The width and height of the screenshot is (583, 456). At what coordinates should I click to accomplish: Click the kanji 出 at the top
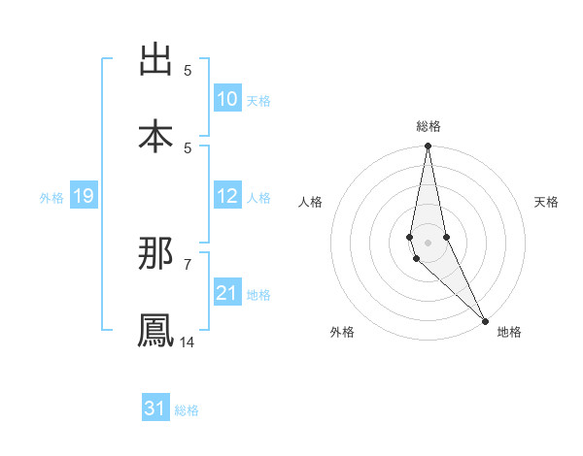coord(155,60)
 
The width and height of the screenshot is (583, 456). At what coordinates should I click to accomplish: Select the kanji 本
coord(155,136)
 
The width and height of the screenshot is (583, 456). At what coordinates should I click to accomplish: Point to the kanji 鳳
coord(155,330)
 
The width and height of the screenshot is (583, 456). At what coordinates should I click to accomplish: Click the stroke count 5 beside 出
coord(188,71)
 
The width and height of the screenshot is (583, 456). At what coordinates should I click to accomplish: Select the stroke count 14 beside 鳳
coord(188,342)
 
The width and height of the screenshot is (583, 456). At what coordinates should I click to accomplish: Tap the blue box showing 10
coord(227,99)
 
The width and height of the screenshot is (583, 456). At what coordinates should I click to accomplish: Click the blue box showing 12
coord(227,196)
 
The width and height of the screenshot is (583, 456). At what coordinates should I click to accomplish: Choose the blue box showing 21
coord(227,293)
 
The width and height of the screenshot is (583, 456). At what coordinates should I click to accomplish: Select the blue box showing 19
coord(83,196)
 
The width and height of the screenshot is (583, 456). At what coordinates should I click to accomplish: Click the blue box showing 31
coord(155,408)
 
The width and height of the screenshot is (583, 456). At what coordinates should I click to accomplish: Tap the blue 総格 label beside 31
coord(187,410)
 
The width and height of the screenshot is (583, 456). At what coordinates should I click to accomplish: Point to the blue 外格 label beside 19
coord(51,198)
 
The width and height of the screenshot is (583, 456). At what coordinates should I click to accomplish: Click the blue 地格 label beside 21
coord(258,295)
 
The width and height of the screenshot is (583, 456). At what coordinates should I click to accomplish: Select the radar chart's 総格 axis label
coord(429,126)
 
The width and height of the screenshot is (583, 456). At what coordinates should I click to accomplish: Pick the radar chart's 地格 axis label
coord(509,332)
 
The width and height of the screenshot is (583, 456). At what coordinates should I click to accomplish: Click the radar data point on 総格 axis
coord(428,147)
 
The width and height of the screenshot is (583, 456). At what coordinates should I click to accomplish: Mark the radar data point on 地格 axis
coord(486,320)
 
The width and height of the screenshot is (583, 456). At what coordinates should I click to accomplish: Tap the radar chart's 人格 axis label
coord(311,202)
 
